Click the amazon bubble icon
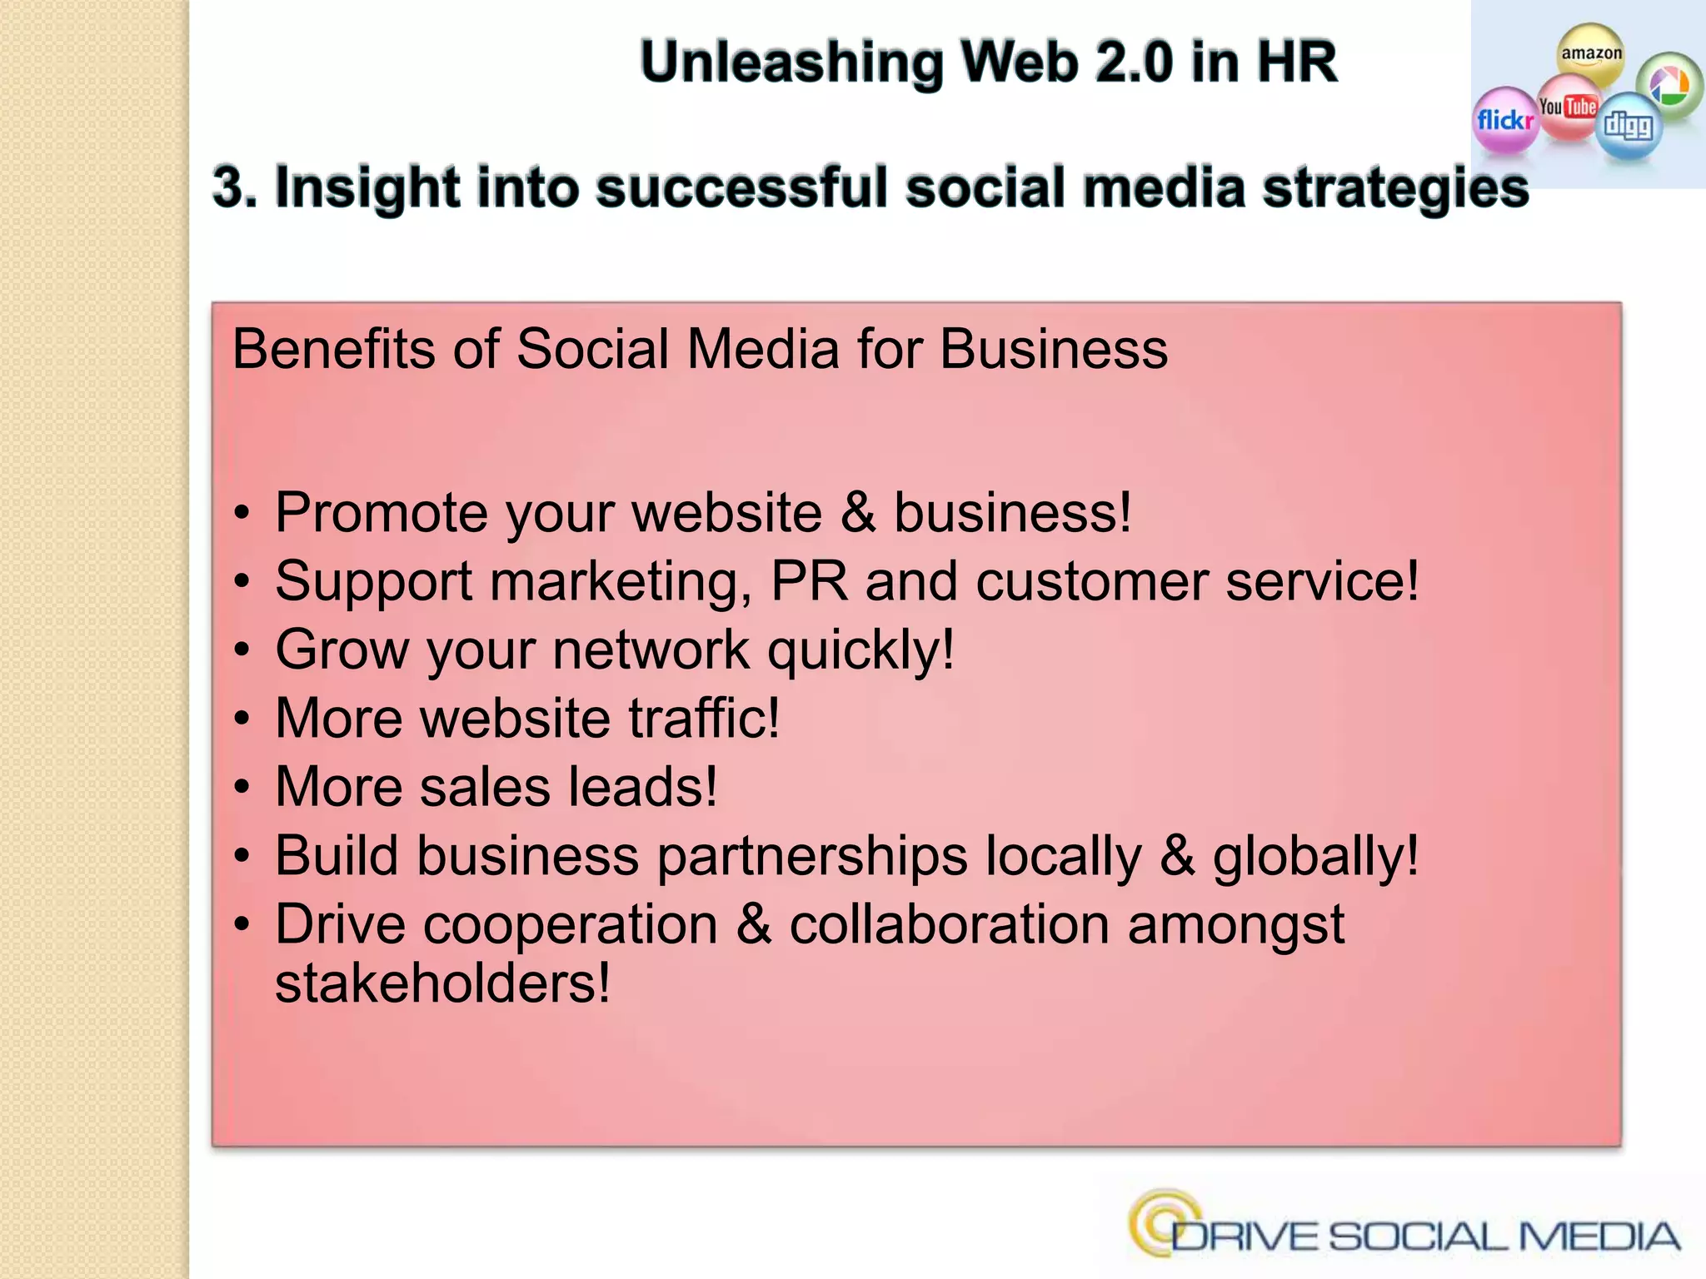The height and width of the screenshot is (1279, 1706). click(1591, 55)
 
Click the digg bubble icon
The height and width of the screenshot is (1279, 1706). click(1629, 126)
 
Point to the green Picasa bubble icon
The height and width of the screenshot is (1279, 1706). click(1669, 85)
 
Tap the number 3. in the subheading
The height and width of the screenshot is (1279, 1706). click(234, 187)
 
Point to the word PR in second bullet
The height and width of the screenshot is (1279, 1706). click(809, 580)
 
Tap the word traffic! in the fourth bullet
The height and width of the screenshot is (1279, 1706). click(704, 718)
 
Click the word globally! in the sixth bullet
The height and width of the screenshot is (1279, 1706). click(1315, 857)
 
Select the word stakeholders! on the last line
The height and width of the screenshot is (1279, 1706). click(442, 983)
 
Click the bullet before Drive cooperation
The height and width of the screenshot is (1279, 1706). click(242, 925)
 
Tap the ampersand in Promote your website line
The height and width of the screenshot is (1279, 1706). click(858, 512)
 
